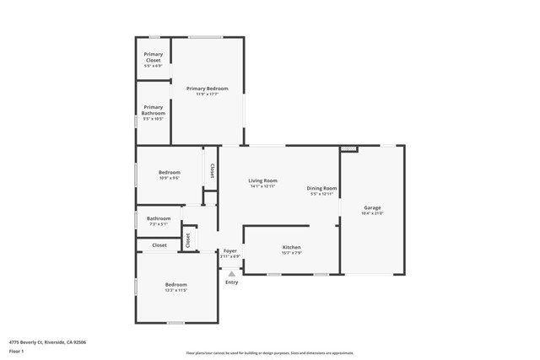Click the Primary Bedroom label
coord(208,89)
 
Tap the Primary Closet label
coord(153,57)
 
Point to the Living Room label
coord(262,180)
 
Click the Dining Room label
coord(321,188)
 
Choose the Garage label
coord(372,207)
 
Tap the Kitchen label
coord(292,247)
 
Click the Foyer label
coord(230,250)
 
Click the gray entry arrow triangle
coord(231,273)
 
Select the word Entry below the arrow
coord(231,282)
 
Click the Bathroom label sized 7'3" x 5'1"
coord(159,218)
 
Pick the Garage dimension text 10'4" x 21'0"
coord(372,213)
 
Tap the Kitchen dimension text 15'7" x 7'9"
coord(292,253)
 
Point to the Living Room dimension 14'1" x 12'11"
coord(262,186)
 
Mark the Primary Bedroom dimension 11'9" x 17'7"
coord(208,94)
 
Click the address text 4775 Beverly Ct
coord(47,342)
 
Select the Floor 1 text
coord(16,351)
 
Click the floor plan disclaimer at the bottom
coord(270,353)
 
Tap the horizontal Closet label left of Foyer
coord(159,245)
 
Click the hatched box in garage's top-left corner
coord(348,149)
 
